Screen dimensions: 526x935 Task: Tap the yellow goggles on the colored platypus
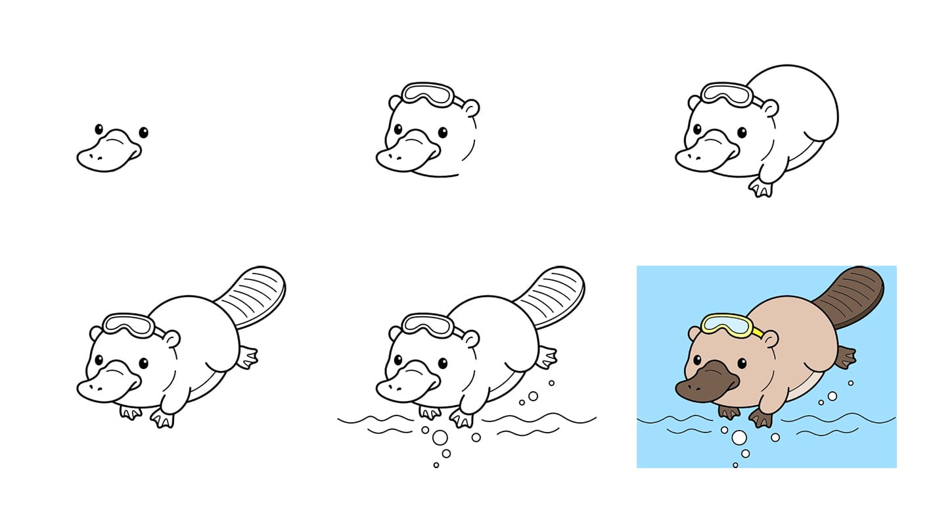pyautogui.click(x=726, y=325)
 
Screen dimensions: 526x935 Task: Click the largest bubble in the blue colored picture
pyautogui.click(x=739, y=437)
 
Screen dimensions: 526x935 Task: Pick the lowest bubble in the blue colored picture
pyautogui.click(x=735, y=465)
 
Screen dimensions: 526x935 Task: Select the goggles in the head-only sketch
pyautogui.click(x=428, y=95)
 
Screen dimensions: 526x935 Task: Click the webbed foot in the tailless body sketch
pyautogui.click(x=762, y=188)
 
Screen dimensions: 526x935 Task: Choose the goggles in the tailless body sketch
pyautogui.click(x=727, y=93)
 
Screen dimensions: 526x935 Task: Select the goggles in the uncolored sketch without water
pyautogui.click(x=128, y=325)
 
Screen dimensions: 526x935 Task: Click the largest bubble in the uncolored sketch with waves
pyautogui.click(x=440, y=437)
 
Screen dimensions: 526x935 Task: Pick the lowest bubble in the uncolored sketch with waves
pyautogui.click(x=436, y=465)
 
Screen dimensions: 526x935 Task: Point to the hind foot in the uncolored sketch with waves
pyautogui.click(x=546, y=357)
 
